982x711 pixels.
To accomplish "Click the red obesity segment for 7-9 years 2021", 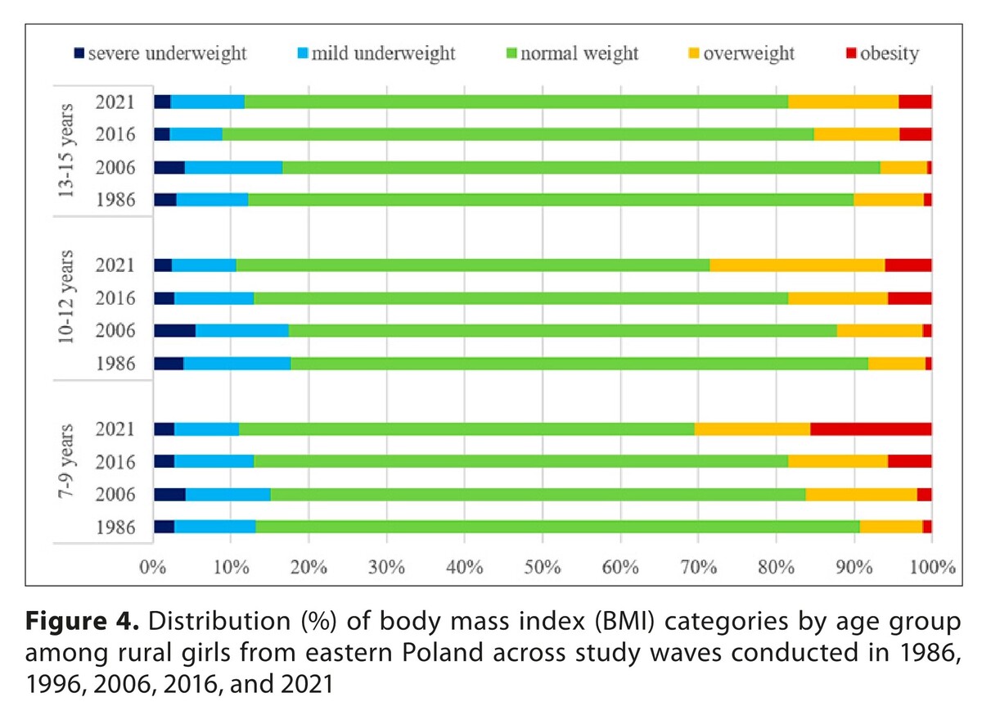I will coord(871,429).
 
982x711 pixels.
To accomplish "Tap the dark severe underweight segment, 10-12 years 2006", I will coord(174,331).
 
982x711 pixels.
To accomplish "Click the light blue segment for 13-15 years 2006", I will coord(233,167).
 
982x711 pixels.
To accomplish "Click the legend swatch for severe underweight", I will coord(79,54).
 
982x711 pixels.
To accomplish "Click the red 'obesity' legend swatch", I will coord(851,54).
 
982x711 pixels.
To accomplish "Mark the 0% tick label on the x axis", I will coord(152,567).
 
